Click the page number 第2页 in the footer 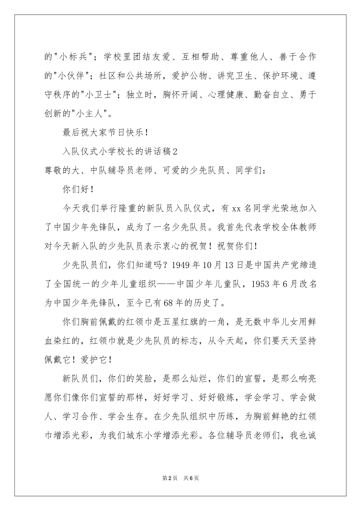[x=169, y=478]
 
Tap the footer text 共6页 [x=191, y=478]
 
